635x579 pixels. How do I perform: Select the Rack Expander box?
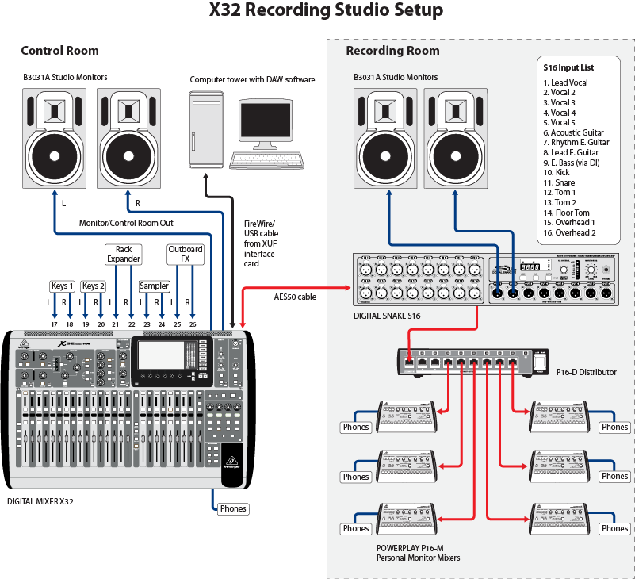(x=124, y=254)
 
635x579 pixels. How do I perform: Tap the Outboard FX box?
(x=186, y=254)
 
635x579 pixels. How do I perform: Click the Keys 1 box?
(x=61, y=286)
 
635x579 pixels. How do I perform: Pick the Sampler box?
(x=155, y=286)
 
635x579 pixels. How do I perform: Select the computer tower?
(x=205, y=128)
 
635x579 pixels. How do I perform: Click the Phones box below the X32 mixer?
(x=233, y=508)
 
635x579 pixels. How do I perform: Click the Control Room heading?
(x=59, y=51)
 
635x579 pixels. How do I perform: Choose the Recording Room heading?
(x=392, y=51)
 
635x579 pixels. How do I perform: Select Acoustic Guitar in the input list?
(x=573, y=132)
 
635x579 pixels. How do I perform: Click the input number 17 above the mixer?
(x=55, y=325)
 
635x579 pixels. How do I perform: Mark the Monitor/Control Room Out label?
(x=126, y=223)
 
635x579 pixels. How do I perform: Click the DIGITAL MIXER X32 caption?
(x=40, y=501)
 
